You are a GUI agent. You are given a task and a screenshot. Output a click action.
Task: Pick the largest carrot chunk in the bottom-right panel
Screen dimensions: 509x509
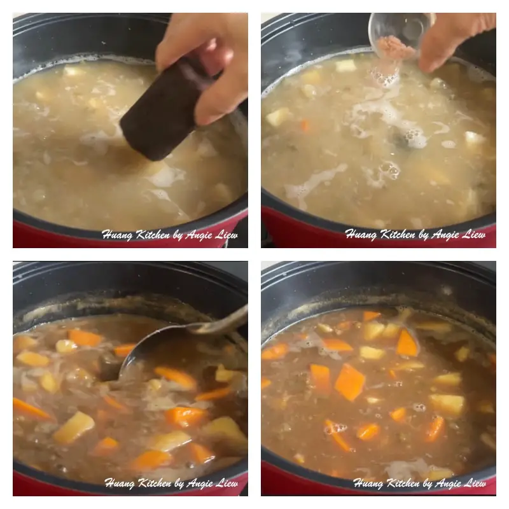coord(350,382)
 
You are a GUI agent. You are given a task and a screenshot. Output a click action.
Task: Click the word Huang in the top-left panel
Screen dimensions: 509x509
coord(118,235)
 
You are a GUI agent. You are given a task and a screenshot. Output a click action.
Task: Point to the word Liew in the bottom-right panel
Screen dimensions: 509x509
coord(474,483)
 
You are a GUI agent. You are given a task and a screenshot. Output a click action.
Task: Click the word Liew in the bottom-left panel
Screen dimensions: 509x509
coord(225,483)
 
